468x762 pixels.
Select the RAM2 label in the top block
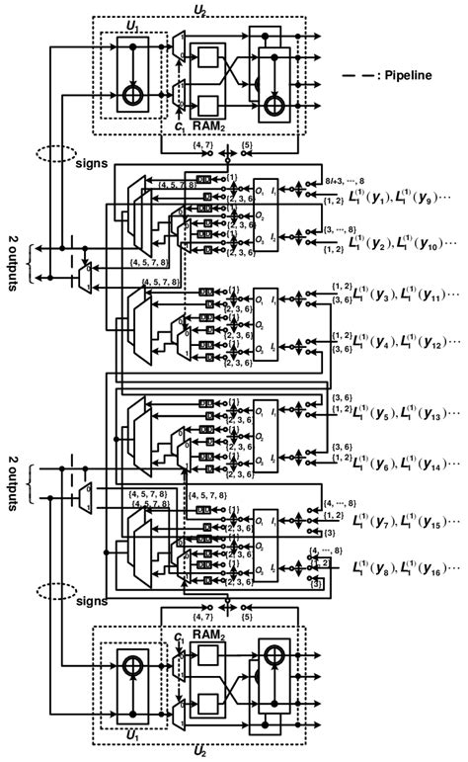205,127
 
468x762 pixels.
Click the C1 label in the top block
179,127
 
